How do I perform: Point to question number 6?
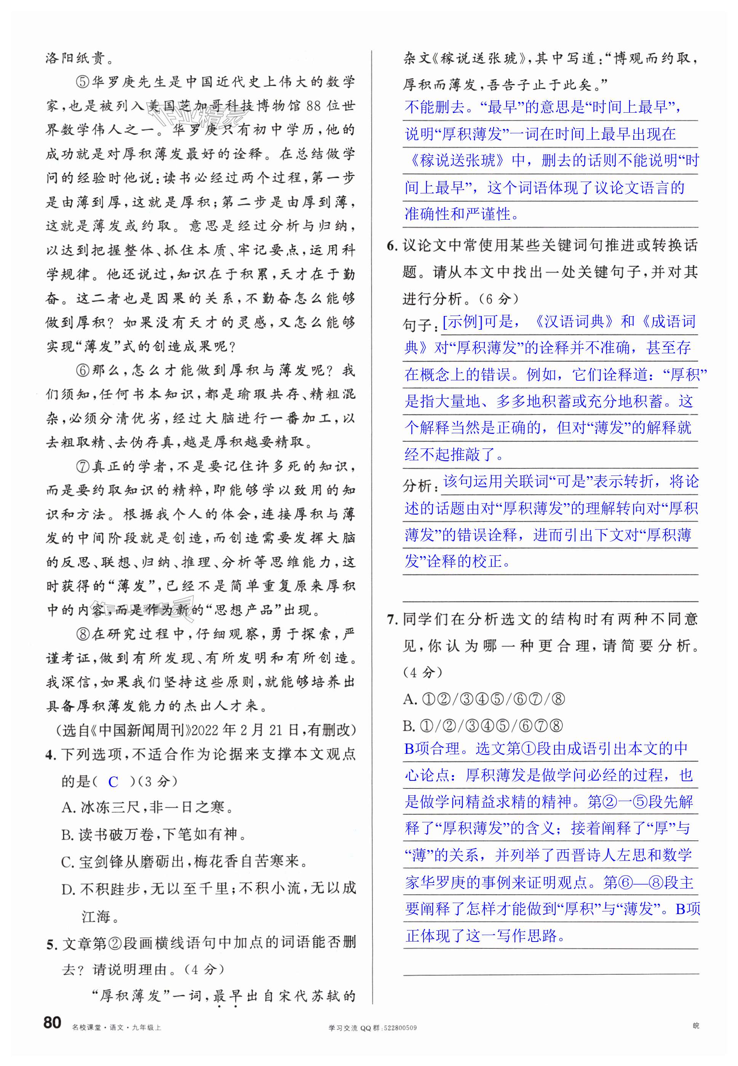(391, 246)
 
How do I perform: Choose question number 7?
(391, 619)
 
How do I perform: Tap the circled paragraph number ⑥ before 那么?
(81, 371)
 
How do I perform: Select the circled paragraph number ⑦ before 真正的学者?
(81, 467)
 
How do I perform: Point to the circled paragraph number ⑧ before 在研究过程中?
(81, 634)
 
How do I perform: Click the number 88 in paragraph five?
(313, 106)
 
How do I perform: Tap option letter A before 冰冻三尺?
(68, 807)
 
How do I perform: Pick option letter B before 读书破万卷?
(67, 835)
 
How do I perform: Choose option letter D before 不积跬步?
(67, 889)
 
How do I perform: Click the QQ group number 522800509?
(400, 1028)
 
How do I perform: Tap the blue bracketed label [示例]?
(462, 321)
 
